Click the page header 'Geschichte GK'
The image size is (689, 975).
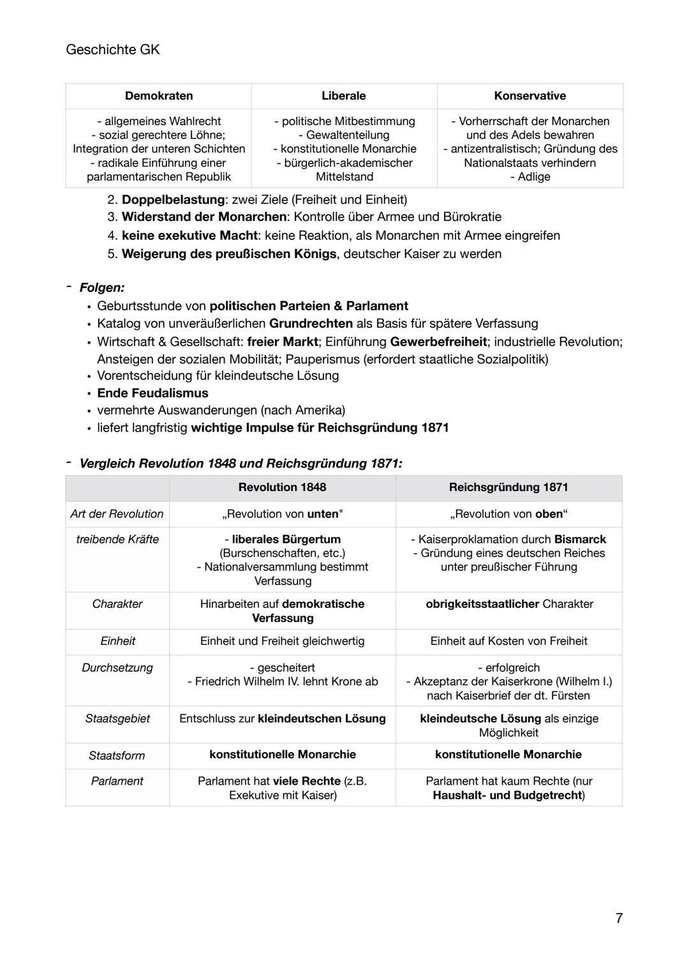click(112, 49)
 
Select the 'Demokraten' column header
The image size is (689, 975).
click(158, 96)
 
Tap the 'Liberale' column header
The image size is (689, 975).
click(343, 96)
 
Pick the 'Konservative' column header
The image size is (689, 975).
click(530, 96)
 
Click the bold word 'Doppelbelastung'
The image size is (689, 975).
click(173, 199)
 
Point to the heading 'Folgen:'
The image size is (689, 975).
click(102, 287)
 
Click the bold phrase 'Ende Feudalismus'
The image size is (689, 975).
click(152, 393)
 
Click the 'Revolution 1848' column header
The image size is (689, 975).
click(282, 487)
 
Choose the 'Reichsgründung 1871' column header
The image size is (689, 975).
click(508, 487)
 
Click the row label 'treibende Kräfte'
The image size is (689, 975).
click(117, 540)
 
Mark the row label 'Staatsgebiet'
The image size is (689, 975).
click(117, 718)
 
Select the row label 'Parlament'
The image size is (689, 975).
click(117, 781)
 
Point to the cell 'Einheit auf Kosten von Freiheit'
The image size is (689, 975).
click(508, 641)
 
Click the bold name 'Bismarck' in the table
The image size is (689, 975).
click(580, 540)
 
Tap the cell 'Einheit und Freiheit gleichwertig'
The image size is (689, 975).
click(282, 641)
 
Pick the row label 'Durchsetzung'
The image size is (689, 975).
click(117, 668)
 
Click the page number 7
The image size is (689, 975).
click(618, 918)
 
